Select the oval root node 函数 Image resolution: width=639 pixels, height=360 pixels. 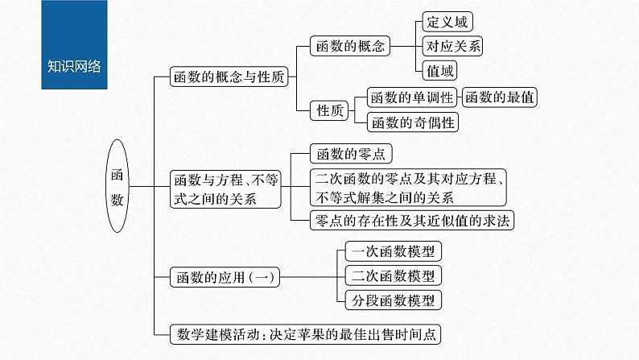coord(118,186)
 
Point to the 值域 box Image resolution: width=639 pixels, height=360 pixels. coord(440,70)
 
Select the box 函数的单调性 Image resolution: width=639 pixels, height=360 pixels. coord(411,97)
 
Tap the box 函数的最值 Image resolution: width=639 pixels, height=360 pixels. coord(499,97)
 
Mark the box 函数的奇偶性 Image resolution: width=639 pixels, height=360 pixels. coord(411,122)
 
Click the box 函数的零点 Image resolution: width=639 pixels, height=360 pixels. coord(351,154)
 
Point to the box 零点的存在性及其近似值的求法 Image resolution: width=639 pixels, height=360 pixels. coord(411,219)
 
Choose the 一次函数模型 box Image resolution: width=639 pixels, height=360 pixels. coord(392,251)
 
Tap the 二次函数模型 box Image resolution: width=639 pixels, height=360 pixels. coord(392,276)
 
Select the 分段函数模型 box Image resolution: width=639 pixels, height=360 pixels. coord(392,300)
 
